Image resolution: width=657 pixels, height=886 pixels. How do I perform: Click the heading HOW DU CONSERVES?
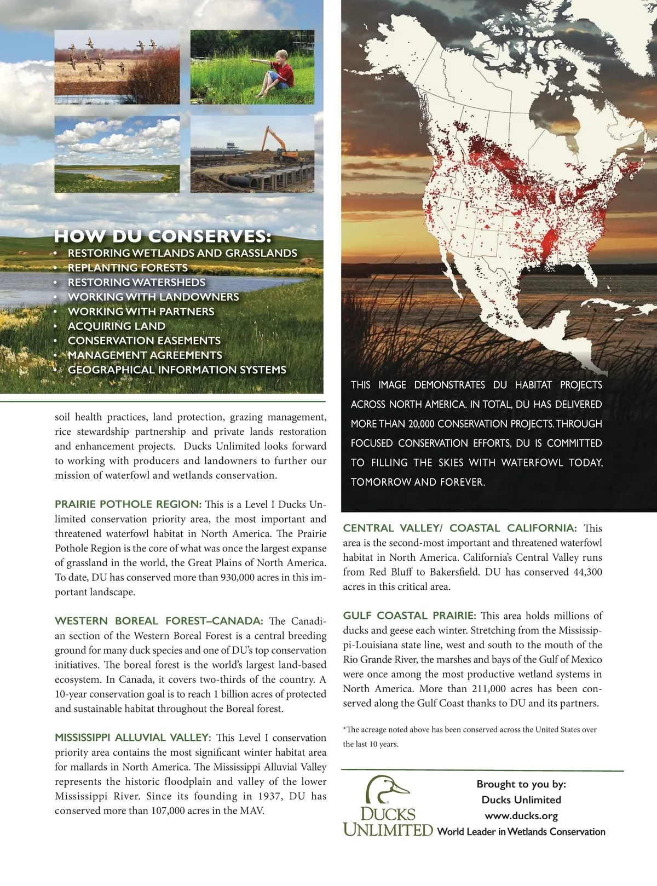click(163, 237)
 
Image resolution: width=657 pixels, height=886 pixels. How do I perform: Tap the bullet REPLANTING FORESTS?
click(128, 268)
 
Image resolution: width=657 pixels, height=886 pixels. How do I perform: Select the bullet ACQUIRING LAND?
click(117, 326)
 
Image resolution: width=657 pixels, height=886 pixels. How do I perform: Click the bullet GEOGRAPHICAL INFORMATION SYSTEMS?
click(177, 370)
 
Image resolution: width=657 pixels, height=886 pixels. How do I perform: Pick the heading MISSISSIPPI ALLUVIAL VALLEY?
click(133, 738)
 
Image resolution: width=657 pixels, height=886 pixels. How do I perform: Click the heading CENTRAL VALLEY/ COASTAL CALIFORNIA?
click(459, 528)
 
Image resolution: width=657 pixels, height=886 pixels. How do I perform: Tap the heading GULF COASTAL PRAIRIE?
click(410, 616)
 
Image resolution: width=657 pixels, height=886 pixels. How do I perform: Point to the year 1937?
click(269, 796)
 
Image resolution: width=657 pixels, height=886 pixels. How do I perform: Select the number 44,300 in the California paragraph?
click(586, 572)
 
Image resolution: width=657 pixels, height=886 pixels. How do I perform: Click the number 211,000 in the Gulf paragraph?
click(491, 689)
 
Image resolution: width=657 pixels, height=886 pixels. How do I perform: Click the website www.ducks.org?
click(521, 815)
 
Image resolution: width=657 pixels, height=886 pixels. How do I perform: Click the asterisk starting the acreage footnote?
click(345, 729)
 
